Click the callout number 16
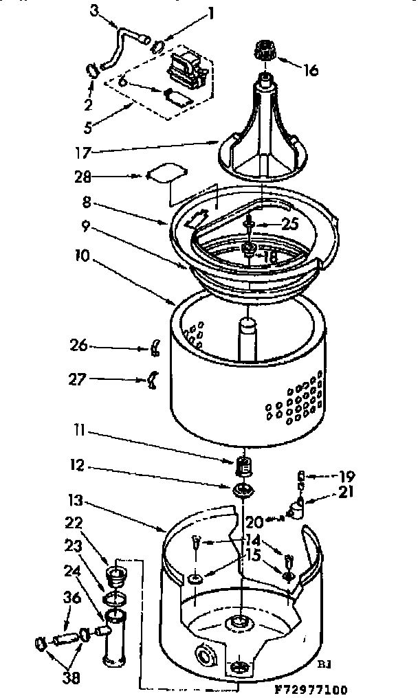[x=311, y=71]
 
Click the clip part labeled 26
[x=155, y=348]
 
